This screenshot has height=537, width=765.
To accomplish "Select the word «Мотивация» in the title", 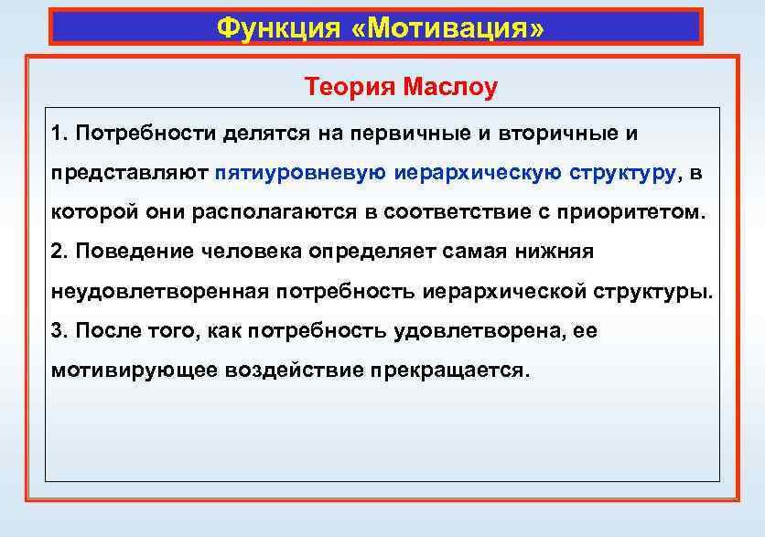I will (447, 28).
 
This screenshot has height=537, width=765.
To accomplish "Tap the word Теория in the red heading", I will (348, 88).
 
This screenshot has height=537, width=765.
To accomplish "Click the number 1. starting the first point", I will (60, 134).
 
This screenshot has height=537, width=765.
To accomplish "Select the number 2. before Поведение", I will (61, 252).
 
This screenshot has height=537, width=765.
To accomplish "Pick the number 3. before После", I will (61, 331).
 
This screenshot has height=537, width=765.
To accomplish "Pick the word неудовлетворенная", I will (160, 292).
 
